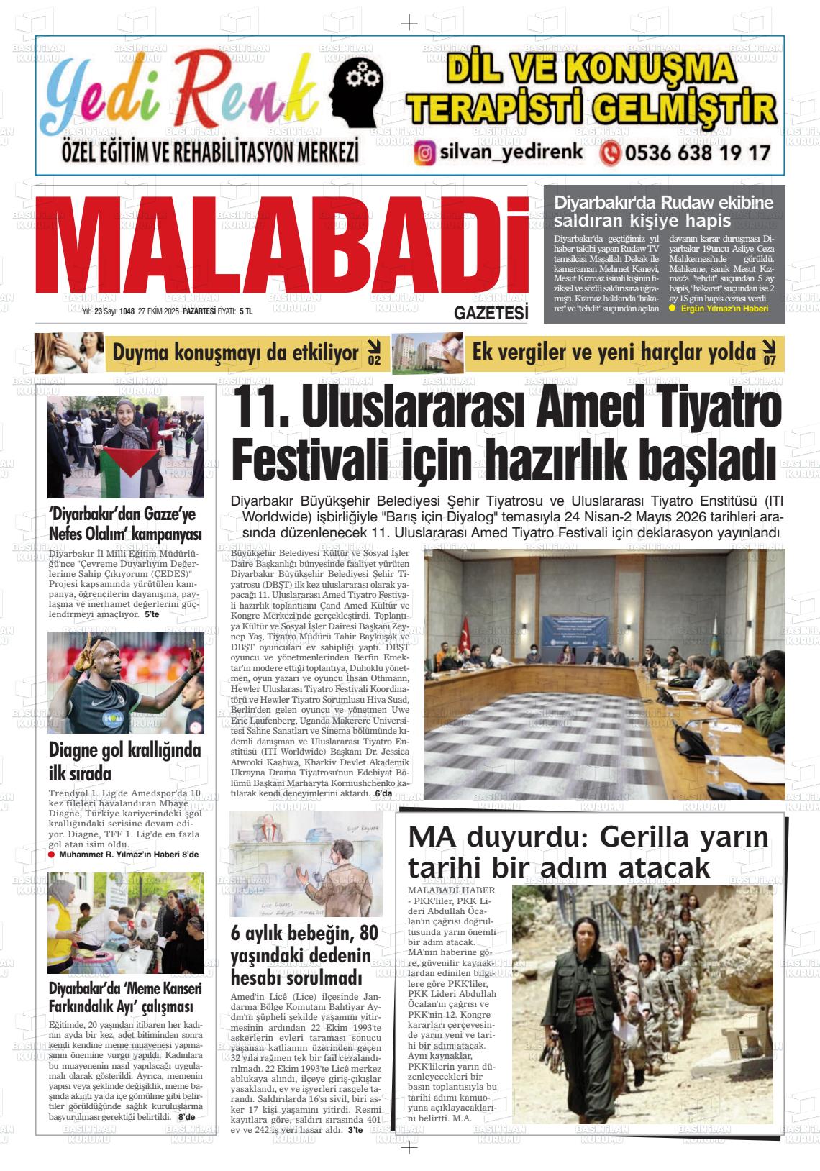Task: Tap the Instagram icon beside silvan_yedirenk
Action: tap(426, 152)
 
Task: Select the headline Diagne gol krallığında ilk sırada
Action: tap(124, 762)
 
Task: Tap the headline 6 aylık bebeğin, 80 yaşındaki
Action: tap(304, 955)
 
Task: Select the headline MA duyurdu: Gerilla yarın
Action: tap(588, 852)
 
